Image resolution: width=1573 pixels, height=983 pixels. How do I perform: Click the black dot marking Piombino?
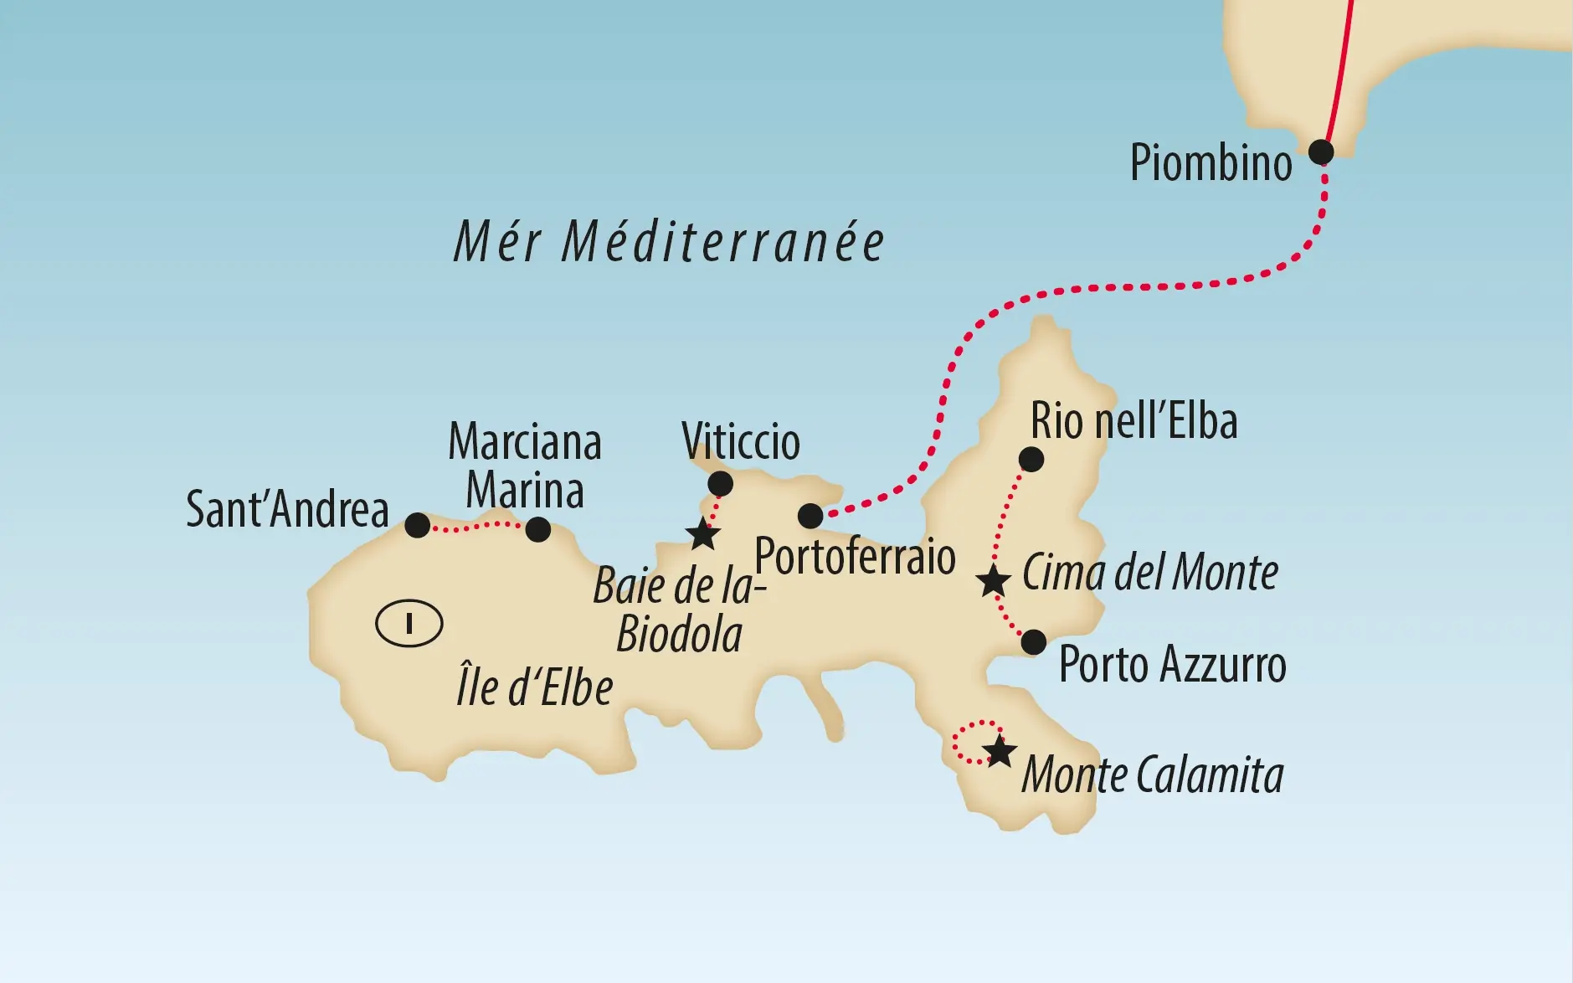tap(1320, 152)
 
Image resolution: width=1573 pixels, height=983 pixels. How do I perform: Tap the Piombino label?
tap(1211, 162)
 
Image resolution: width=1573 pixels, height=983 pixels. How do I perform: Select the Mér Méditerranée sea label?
tap(668, 243)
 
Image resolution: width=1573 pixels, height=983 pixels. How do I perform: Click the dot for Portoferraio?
tap(810, 516)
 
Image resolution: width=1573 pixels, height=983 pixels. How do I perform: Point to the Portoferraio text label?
tap(855, 557)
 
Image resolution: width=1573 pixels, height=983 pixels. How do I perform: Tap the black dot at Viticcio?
tap(720, 484)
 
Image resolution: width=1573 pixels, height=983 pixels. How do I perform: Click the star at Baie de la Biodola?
tap(702, 534)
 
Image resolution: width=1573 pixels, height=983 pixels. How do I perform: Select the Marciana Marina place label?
tap(525, 466)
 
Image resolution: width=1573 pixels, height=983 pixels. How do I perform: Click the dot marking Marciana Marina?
tap(537, 529)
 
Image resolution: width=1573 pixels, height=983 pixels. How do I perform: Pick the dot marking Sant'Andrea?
tap(417, 526)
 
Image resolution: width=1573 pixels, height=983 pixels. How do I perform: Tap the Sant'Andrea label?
tap(287, 509)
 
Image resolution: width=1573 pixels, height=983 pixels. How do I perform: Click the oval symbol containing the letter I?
tap(409, 624)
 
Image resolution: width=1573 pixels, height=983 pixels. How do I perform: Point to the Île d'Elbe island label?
tap(534, 688)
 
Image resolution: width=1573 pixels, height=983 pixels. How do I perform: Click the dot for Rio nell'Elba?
tap(1031, 459)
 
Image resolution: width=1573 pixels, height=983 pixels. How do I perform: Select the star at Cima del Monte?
tap(993, 580)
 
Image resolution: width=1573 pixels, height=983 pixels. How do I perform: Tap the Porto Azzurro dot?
tap(1034, 642)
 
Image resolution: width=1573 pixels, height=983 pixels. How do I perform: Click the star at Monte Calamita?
tap(999, 752)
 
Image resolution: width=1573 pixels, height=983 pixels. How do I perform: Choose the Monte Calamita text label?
tap(1152, 775)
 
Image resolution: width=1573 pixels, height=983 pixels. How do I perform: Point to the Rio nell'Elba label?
tap(1133, 421)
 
